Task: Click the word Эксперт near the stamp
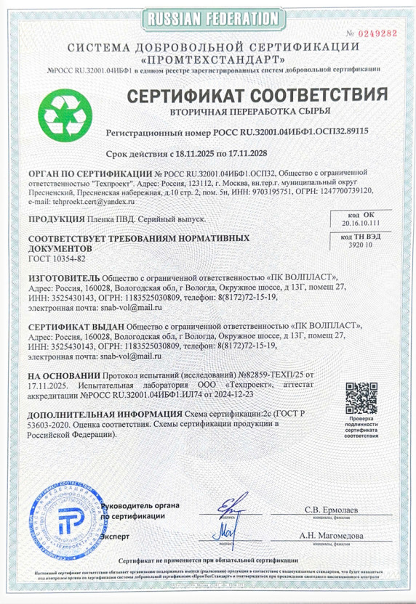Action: pos(113,536)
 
